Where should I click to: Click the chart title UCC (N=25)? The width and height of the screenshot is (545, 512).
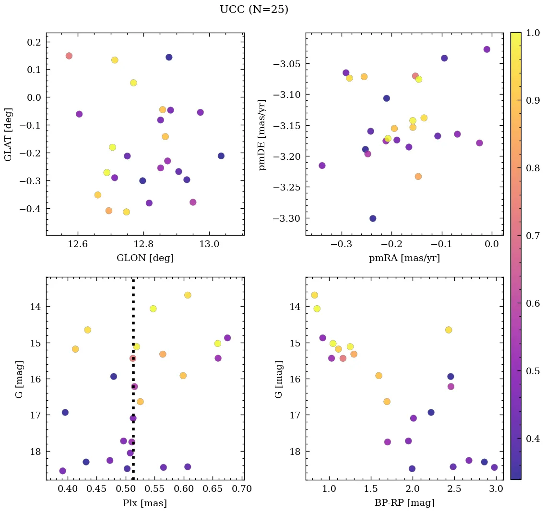pyautogui.click(x=254, y=10)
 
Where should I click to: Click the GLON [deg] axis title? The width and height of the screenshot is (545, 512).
pyautogui.click(x=145, y=258)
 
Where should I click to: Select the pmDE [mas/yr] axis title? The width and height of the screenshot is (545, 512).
pyautogui.click(x=262, y=134)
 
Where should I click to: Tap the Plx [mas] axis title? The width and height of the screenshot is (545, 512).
pyautogui.click(x=145, y=503)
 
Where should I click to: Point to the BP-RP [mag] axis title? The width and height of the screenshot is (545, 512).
pyautogui.click(x=404, y=503)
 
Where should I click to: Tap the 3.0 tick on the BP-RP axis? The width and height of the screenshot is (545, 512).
pyautogui.click(x=497, y=489)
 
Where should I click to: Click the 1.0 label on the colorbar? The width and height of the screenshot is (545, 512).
pyautogui.click(x=533, y=33)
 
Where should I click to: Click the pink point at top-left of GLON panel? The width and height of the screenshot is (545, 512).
pyautogui.click(x=69, y=56)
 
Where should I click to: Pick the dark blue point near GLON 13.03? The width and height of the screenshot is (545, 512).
pyautogui.click(x=221, y=156)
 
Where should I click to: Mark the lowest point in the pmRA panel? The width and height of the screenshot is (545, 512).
pyautogui.click(x=373, y=218)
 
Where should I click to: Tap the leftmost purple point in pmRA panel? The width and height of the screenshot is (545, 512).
pyautogui.click(x=322, y=166)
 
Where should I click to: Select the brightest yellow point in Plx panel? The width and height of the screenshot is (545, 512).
pyautogui.click(x=188, y=295)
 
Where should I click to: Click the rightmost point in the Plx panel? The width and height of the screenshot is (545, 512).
pyautogui.click(x=227, y=338)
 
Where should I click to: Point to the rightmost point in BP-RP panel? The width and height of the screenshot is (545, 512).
pyautogui.click(x=494, y=467)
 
